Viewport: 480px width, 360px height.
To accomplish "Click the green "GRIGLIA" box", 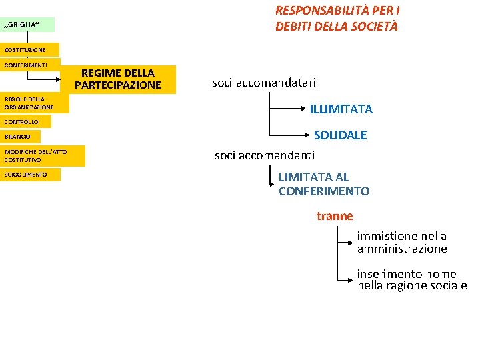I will pos(27,25).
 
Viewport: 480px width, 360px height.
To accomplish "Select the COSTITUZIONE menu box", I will pos(30,50).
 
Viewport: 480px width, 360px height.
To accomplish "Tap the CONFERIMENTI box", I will pos(30,65).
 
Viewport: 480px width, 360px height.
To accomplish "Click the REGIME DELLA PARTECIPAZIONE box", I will pos(118,79).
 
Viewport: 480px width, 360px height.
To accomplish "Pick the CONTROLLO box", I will pos(29,122).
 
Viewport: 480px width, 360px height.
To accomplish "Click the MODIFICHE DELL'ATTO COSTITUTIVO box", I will pos(43,156).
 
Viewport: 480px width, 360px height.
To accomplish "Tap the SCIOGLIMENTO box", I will pos(30,175).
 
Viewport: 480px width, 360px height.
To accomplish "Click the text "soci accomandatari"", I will pos(264,83).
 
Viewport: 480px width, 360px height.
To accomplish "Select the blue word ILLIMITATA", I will pos(341,109).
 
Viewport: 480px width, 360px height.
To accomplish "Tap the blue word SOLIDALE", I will pos(340,135).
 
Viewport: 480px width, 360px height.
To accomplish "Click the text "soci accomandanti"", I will pos(264,156).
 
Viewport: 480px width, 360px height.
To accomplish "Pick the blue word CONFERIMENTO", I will pos(323,191).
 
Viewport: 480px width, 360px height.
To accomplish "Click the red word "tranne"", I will pos(335,216).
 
